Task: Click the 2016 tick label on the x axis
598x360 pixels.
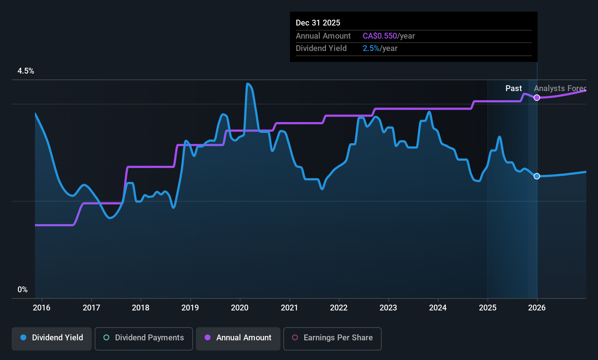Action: click(42, 308)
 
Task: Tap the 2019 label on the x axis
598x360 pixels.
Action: click(190, 308)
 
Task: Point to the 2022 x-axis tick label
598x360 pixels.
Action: click(339, 308)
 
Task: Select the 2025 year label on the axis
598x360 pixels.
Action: click(487, 308)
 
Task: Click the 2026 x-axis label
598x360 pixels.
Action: click(537, 308)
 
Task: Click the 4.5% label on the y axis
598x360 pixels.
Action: click(26, 71)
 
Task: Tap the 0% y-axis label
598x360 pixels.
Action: click(23, 290)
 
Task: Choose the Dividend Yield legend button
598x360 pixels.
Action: click(52, 338)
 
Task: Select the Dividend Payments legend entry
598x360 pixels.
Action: click(143, 338)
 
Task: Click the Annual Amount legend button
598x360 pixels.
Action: click(238, 338)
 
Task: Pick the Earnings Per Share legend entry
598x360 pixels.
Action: click(332, 338)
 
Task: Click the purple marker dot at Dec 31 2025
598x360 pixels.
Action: click(537, 98)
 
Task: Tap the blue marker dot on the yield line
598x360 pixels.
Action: click(537, 176)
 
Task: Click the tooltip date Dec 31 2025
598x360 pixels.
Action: click(318, 23)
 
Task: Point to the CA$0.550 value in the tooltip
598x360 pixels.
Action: click(379, 36)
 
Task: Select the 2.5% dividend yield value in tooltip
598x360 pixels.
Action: click(371, 48)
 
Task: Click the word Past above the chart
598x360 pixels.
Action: click(514, 89)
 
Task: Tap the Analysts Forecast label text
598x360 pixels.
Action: click(560, 89)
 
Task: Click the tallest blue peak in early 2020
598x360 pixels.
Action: click(248, 84)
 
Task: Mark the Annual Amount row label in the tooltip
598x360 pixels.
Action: click(323, 36)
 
